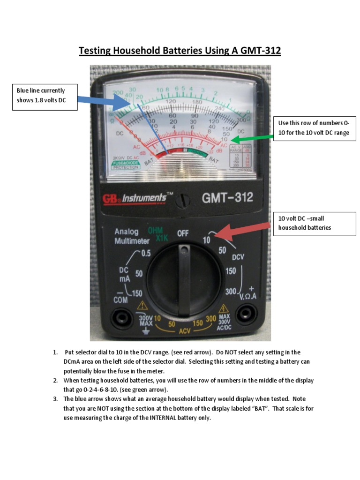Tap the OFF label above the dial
click(x=183, y=233)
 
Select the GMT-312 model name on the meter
click(x=227, y=197)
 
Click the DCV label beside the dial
click(x=238, y=257)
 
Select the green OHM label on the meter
click(x=155, y=231)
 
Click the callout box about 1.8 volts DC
click(x=45, y=97)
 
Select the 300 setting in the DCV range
click(x=231, y=292)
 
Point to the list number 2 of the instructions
click(x=55, y=381)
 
